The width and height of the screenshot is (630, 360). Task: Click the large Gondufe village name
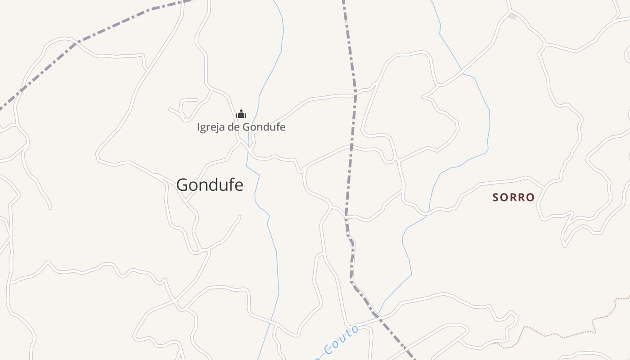click(210, 185)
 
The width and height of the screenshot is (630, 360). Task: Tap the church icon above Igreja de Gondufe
click(241, 114)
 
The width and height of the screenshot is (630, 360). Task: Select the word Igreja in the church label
click(211, 127)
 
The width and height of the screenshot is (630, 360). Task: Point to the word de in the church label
click(233, 127)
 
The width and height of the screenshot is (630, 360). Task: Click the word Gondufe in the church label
click(264, 127)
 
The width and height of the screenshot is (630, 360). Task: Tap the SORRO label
click(513, 198)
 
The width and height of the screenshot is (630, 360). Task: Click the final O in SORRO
click(531, 198)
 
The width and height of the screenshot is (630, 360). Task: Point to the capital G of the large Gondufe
click(182, 185)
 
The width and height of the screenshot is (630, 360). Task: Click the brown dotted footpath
click(558, 335)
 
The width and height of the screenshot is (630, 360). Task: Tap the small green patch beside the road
click(513, 16)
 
